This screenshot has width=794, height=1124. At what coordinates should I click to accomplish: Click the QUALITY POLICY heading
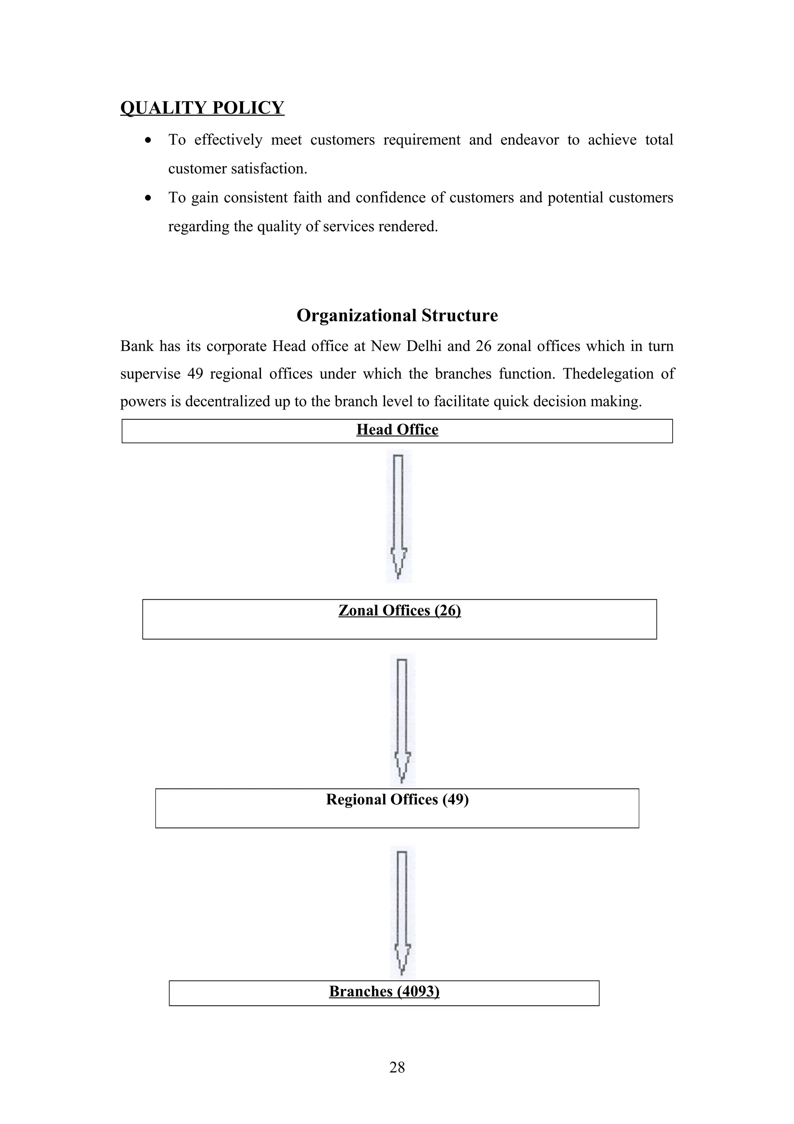202,108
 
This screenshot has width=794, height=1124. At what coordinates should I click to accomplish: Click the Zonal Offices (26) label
399,610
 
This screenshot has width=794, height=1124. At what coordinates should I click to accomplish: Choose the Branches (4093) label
384,991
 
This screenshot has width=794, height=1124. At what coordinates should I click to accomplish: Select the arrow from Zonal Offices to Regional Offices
402,719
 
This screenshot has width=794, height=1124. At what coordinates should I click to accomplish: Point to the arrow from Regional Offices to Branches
402,912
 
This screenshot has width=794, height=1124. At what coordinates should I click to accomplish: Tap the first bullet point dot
148,140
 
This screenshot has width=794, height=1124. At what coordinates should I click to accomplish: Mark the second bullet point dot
148,198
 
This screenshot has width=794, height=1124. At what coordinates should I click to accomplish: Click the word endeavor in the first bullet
529,140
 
